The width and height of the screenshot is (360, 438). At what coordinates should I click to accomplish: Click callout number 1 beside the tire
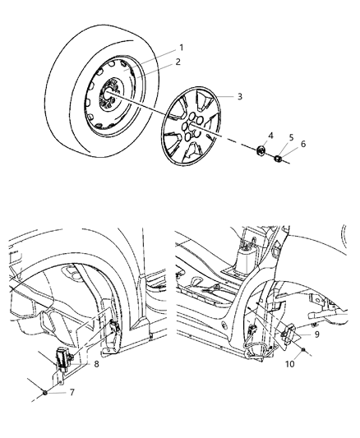pyautogui.click(x=182, y=48)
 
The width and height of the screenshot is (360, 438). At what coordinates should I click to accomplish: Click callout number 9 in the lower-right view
pyautogui.click(x=316, y=334)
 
